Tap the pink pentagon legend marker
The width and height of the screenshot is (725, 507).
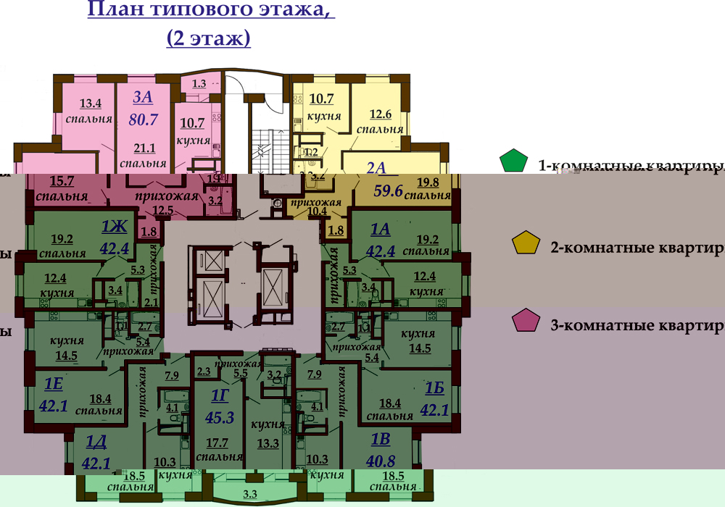coord(526,321)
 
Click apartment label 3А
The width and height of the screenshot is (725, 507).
coord(144,96)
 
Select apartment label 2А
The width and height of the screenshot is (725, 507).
coord(377,167)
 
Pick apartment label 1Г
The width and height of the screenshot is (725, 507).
coord(220,395)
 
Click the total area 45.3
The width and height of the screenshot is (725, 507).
coord(220,416)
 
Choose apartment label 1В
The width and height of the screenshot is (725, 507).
coord(381,439)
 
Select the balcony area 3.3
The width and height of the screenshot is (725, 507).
coord(249,495)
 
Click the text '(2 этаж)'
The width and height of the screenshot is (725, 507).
coord(209,38)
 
